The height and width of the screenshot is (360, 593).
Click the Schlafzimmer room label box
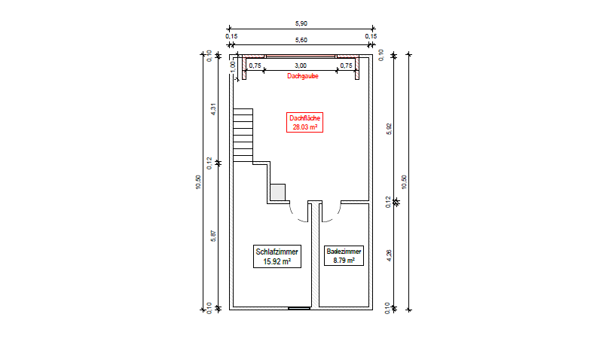(277, 256)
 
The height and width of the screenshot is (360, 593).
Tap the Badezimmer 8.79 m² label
(344, 255)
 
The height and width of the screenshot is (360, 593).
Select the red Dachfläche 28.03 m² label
(305, 122)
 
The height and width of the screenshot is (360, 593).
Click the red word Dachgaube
(303, 76)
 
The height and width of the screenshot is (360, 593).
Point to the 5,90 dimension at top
(301, 23)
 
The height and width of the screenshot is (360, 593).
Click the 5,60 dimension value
(301, 40)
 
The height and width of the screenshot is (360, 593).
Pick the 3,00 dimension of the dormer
(301, 66)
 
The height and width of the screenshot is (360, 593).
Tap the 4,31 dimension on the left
(213, 109)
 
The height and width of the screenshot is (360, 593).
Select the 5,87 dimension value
(213, 236)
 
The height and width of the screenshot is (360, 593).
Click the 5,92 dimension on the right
(389, 129)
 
